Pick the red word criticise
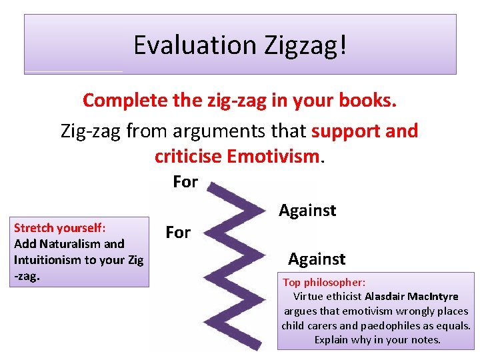[x=188, y=156]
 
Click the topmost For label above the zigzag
[x=185, y=181]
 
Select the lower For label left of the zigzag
[x=178, y=233]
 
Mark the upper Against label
[x=307, y=211]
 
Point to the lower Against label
[x=317, y=259]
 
